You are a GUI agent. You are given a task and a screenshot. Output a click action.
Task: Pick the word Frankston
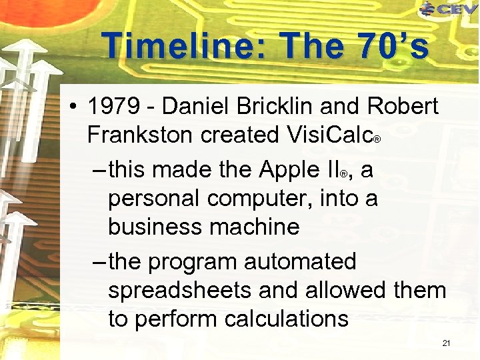pyautogui.click(x=140, y=135)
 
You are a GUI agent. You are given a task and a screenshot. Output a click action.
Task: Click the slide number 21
pyautogui.click(x=447, y=343)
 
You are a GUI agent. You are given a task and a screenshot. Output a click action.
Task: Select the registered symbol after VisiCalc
pyautogui.click(x=377, y=140)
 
